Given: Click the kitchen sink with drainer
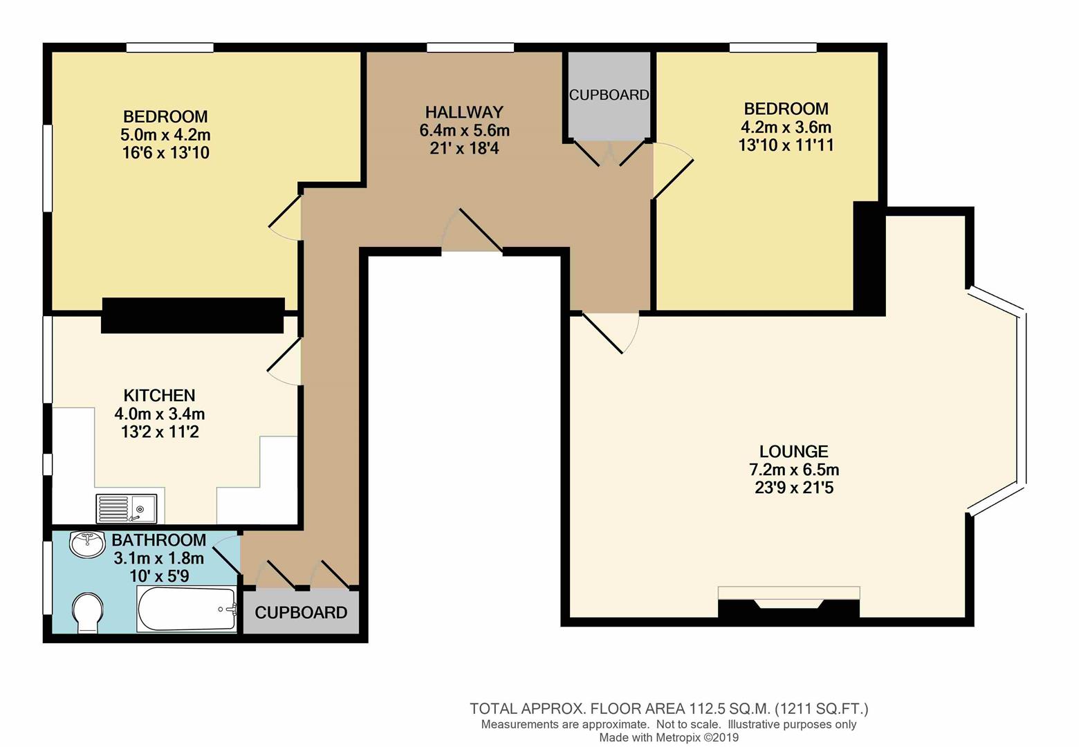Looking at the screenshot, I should [x=127, y=508].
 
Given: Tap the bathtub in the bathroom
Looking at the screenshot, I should [x=187, y=609].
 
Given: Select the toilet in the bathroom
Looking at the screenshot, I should [x=87, y=612].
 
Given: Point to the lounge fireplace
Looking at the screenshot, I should [x=788, y=602].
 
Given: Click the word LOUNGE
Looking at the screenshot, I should [x=793, y=452].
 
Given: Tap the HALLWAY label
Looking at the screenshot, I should [x=464, y=112].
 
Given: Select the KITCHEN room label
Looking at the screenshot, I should [x=159, y=396].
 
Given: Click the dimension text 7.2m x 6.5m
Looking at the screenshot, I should [x=794, y=470].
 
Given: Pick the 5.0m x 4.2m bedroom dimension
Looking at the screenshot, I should [x=165, y=135].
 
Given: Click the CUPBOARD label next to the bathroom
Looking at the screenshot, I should [x=301, y=613].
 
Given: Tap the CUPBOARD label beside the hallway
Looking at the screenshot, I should [x=609, y=95].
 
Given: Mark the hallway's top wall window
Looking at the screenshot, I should [x=470, y=47].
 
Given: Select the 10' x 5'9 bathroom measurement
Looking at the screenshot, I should [x=159, y=575].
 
